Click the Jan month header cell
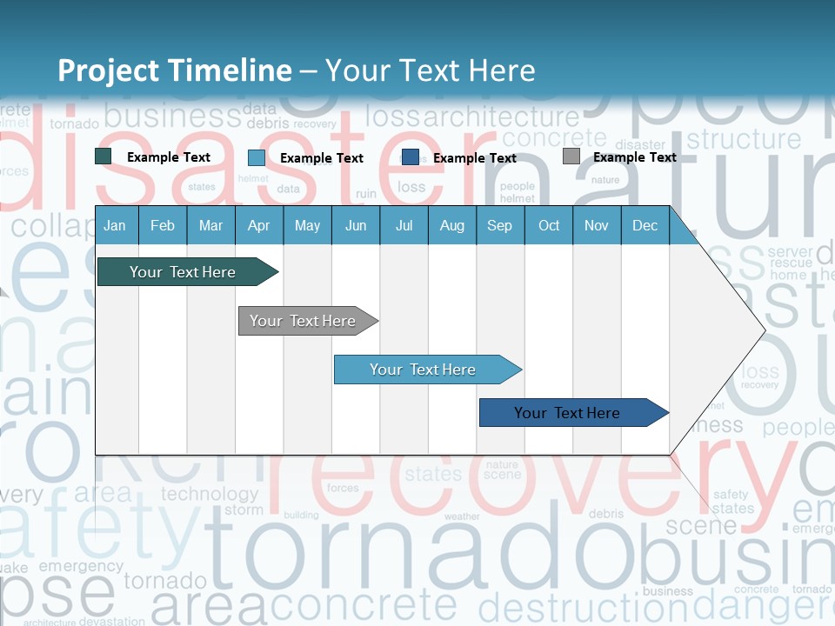115,225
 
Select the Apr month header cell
258,225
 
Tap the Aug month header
451,225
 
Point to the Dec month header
645,225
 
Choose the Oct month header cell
549,225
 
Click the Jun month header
355,225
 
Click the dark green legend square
104,156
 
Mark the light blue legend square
257,157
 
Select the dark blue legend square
411,157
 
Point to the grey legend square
571,156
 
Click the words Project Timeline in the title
174,70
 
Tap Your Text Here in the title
430,70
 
